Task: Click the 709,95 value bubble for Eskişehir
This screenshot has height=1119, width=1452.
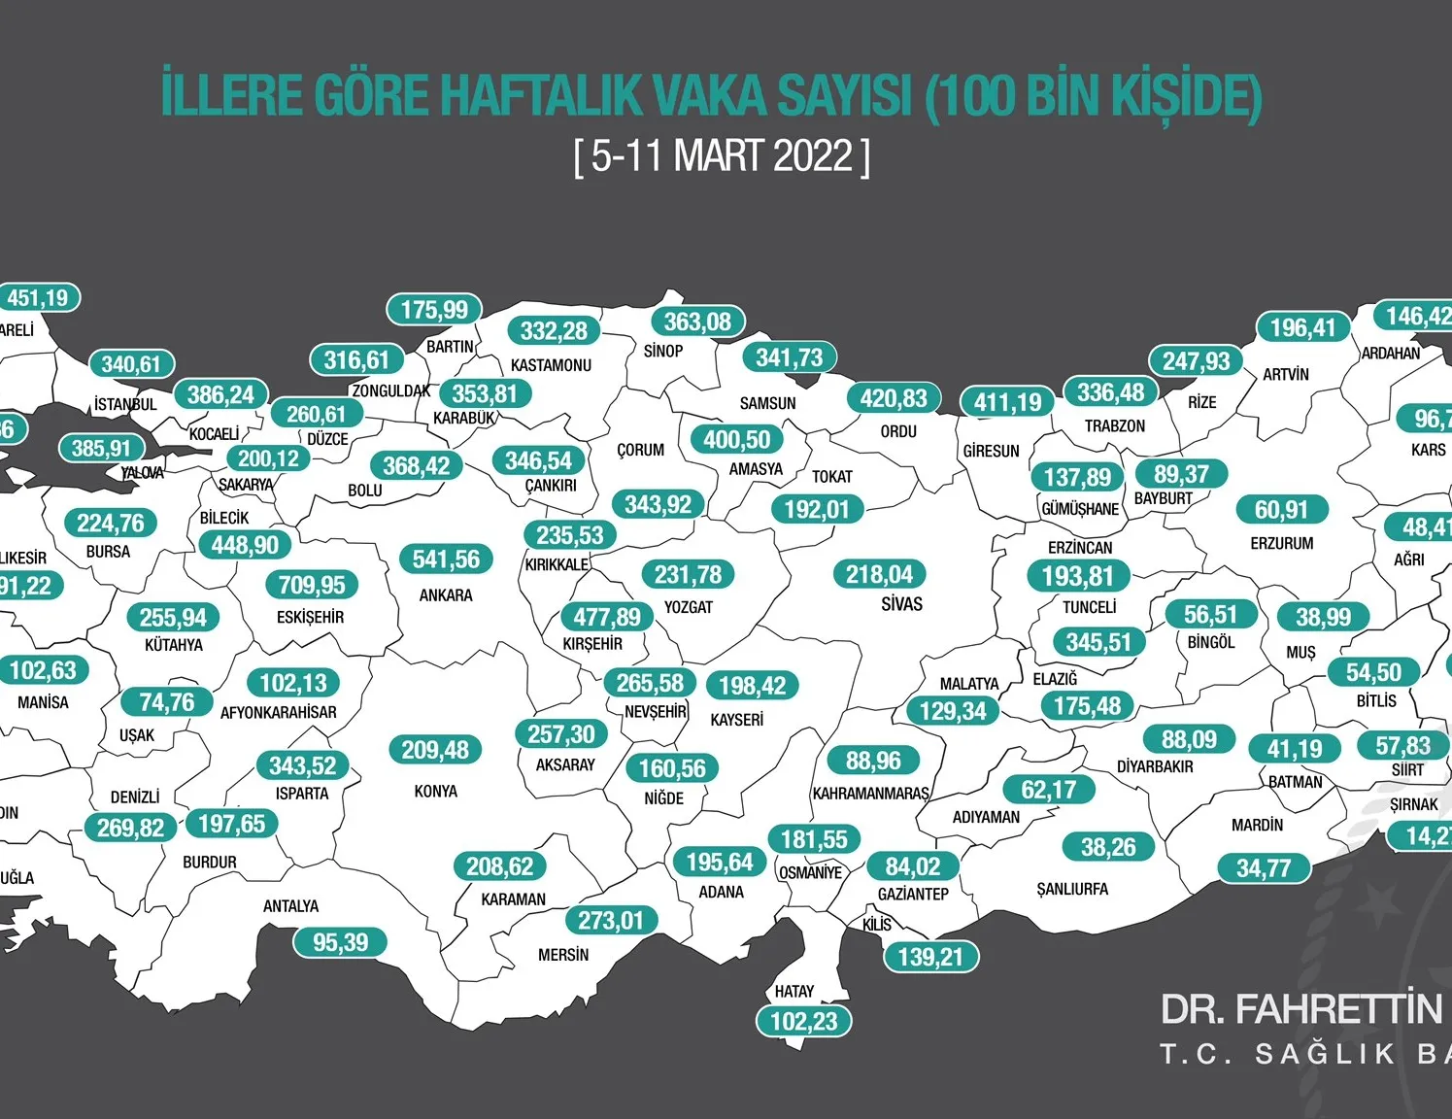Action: pyautogui.click(x=312, y=585)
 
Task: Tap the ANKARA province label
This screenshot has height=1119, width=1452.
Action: pyautogui.click(x=446, y=595)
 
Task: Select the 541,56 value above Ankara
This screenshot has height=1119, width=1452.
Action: pyautogui.click(x=446, y=559)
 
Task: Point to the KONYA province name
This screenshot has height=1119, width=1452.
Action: pyautogui.click(x=435, y=792)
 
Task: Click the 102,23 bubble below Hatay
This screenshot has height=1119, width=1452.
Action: pyautogui.click(x=804, y=1022)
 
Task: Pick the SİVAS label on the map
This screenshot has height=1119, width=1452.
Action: pyautogui.click(x=901, y=604)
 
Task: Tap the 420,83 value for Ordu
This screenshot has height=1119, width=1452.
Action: pyautogui.click(x=894, y=398)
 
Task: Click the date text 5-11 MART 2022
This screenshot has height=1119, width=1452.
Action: pyautogui.click(x=722, y=155)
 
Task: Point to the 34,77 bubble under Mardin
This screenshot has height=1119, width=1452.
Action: pyautogui.click(x=1264, y=868)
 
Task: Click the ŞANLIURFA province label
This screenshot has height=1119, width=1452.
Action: pyautogui.click(x=1072, y=889)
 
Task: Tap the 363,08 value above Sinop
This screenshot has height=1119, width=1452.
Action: pyautogui.click(x=697, y=322)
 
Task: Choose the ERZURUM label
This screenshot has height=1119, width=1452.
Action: pyautogui.click(x=1281, y=544)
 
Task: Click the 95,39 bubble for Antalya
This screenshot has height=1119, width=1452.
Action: pyautogui.click(x=340, y=942)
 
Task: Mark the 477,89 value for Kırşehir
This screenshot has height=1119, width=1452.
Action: pyautogui.click(x=607, y=617)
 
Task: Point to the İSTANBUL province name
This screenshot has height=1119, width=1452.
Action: pyautogui.click(x=125, y=404)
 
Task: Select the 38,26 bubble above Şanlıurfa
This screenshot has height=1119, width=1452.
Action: pyautogui.click(x=1108, y=847)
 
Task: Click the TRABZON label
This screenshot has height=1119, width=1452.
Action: pyautogui.click(x=1114, y=426)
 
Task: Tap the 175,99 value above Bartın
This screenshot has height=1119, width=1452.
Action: pyautogui.click(x=434, y=310)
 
